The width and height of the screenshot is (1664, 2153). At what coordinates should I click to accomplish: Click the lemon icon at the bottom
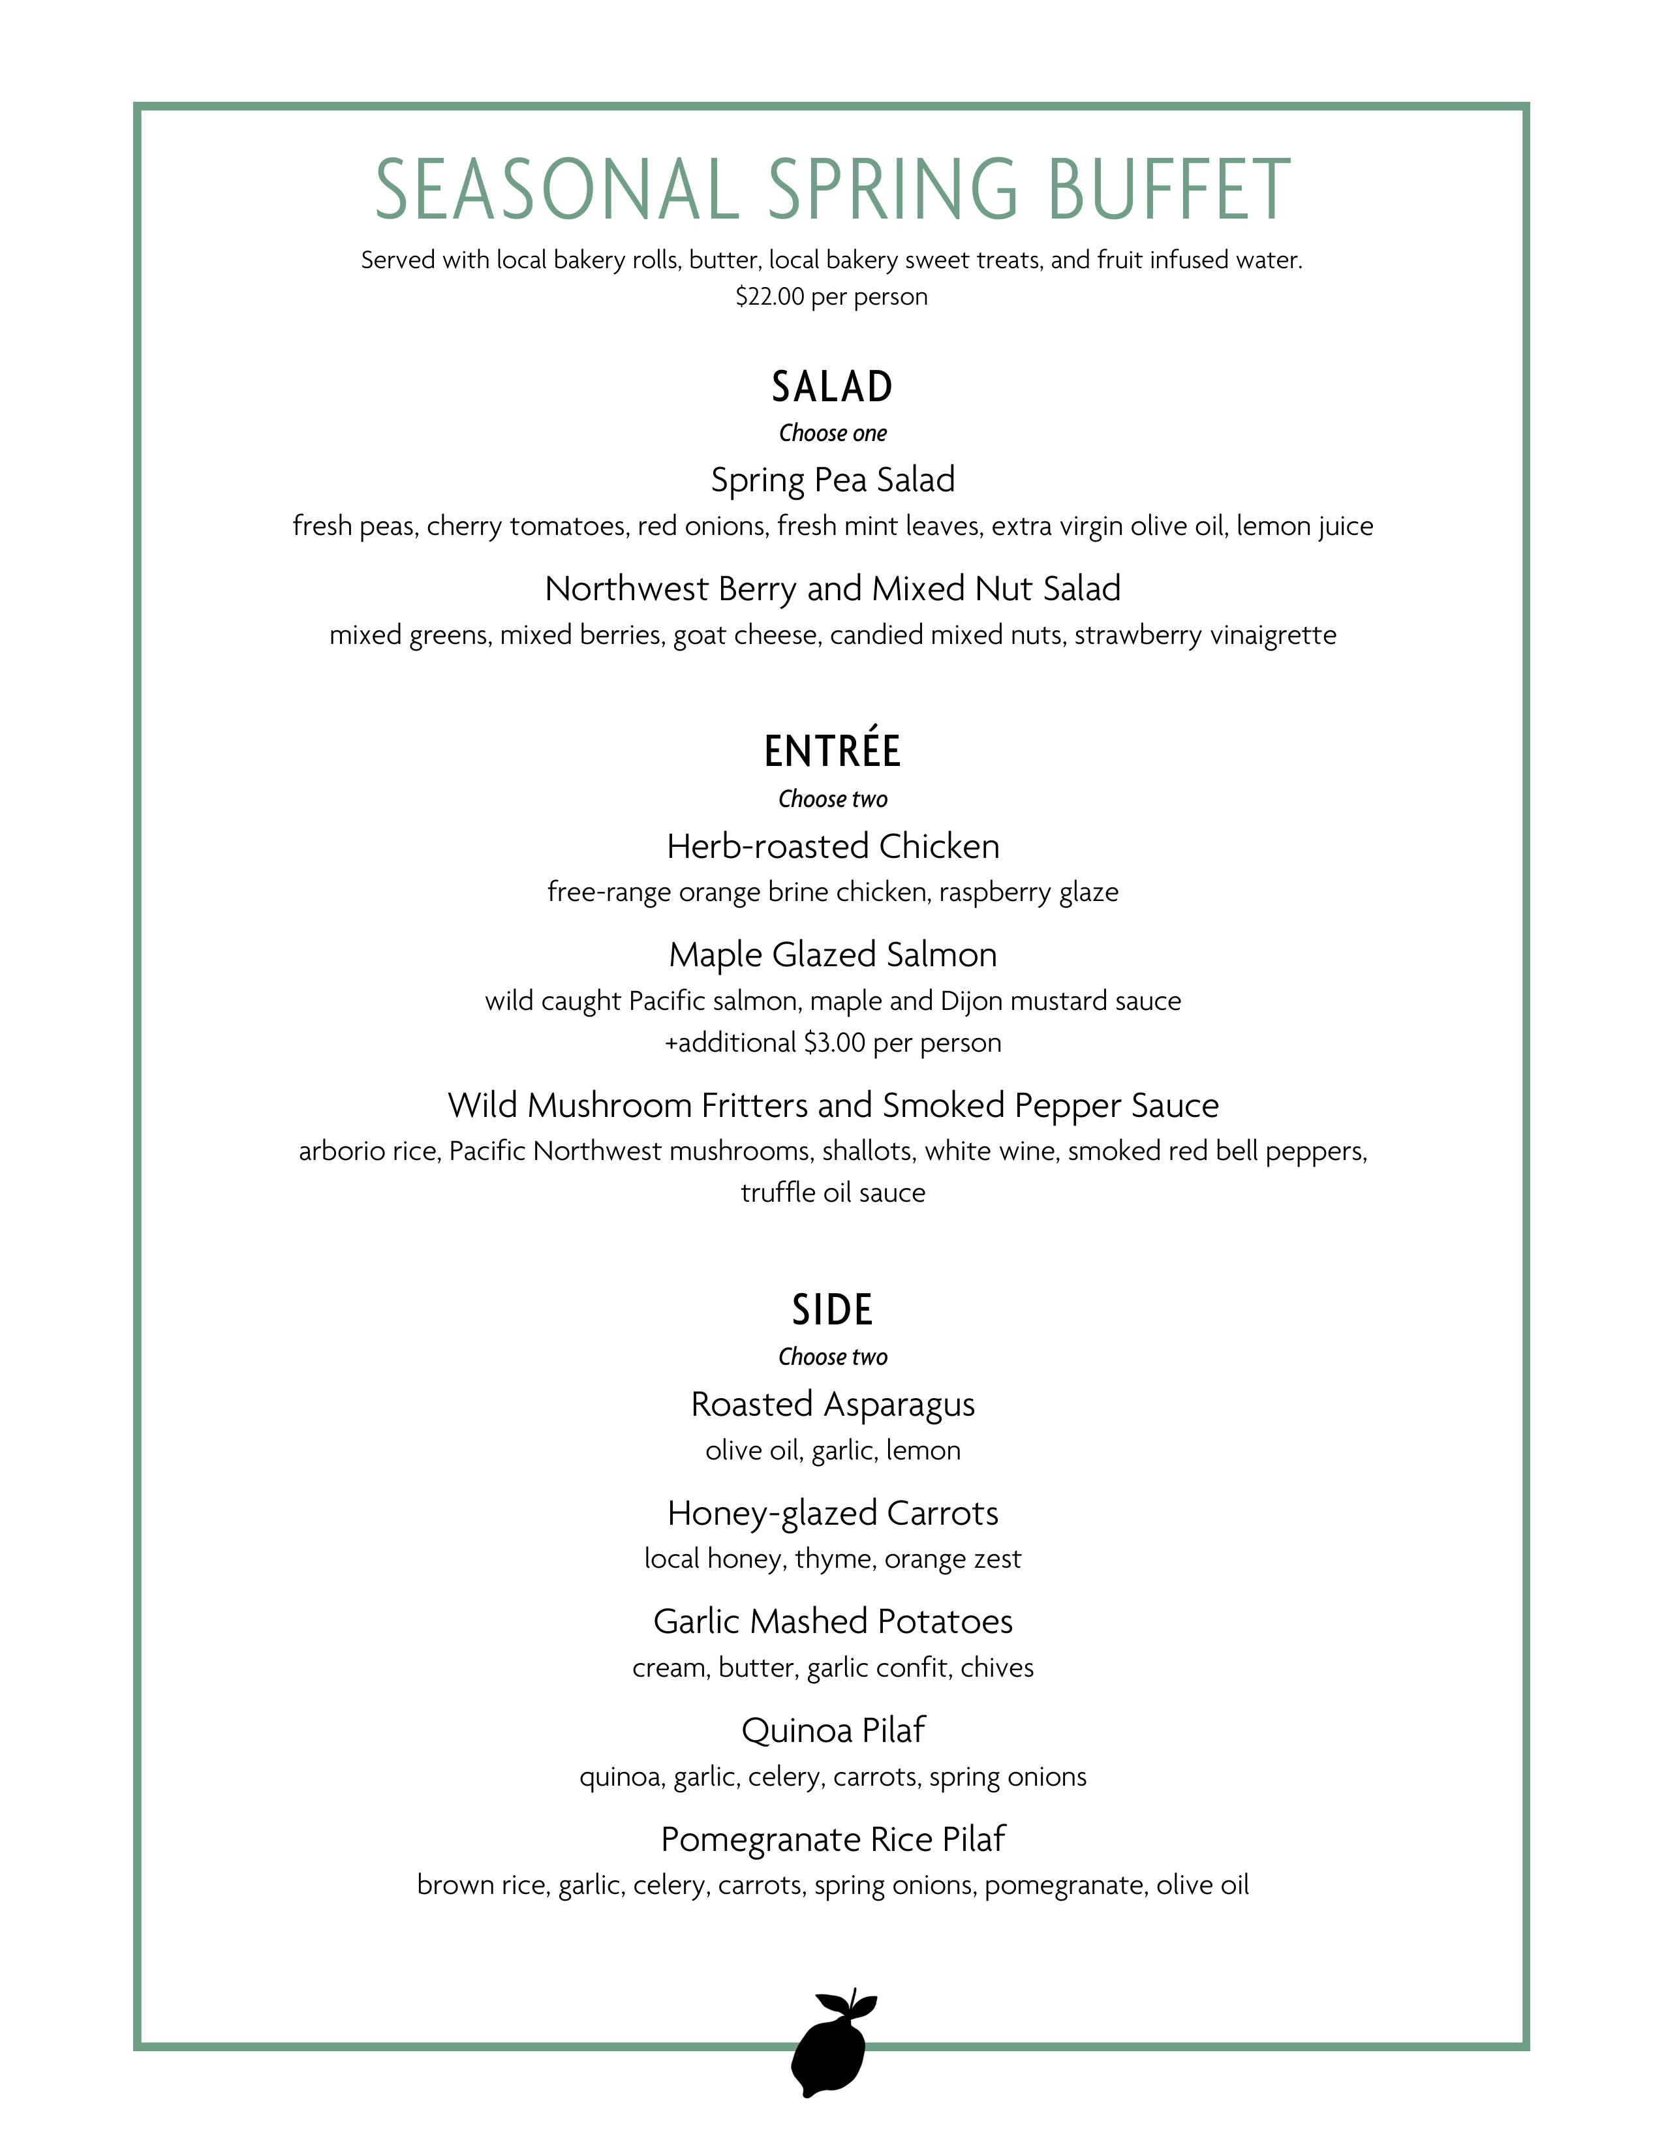tap(831, 2041)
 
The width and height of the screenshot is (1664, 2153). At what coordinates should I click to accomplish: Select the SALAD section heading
tap(832, 386)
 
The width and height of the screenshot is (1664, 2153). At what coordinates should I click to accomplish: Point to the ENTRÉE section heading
tap(832, 751)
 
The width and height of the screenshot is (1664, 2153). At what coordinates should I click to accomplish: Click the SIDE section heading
tap(832, 1310)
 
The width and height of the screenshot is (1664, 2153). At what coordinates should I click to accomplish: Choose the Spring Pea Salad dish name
tap(832, 480)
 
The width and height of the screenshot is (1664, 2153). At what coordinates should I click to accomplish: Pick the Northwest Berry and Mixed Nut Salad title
tap(832, 588)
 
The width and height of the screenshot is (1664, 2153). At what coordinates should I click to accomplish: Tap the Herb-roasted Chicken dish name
tap(832, 846)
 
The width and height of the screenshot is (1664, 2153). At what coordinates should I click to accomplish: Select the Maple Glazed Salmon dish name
tap(832, 954)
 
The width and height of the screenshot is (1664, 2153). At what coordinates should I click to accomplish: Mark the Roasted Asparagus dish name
tap(832, 1404)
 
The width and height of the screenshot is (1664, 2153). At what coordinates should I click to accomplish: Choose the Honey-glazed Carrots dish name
tap(832, 1512)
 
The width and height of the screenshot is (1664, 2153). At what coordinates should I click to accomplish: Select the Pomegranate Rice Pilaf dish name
tap(832, 1839)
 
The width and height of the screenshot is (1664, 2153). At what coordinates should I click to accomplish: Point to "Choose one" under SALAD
tap(832, 433)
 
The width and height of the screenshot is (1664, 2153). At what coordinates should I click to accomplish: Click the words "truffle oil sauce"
tap(832, 1193)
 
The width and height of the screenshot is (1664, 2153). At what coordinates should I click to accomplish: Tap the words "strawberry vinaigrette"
tap(1205, 635)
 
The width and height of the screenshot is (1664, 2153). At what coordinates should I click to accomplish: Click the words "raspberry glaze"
tap(1028, 892)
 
